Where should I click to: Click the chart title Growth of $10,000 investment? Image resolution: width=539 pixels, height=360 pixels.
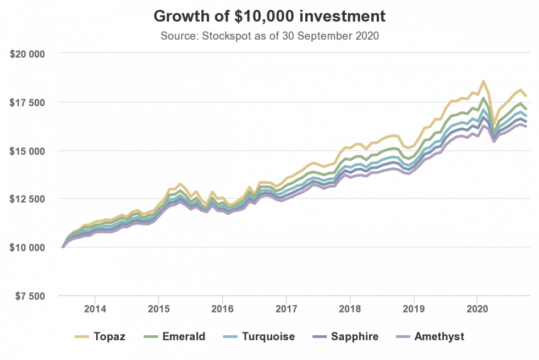[269, 16]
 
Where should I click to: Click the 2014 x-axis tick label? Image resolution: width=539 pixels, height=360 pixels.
[95, 309]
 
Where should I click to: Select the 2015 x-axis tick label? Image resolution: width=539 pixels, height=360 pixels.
[158, 309]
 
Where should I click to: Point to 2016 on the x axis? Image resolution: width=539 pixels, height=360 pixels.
[222, 309]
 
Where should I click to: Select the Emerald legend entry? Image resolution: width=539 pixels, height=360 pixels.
[174, 336]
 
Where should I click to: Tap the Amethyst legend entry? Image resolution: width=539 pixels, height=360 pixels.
[430, 336]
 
